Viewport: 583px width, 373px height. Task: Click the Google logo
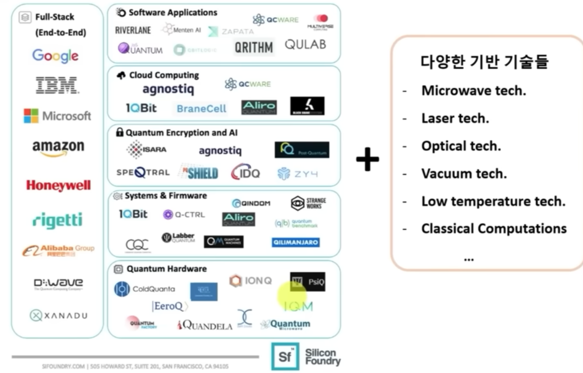[55, 55]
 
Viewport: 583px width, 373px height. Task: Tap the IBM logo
[56, 85]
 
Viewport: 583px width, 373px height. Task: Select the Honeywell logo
[58, 186]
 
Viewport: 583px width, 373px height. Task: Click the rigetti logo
[57, 220]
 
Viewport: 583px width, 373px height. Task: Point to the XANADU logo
[58, 315]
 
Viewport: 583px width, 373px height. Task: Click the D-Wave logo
[58, 283]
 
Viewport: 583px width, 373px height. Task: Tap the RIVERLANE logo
[133, 30]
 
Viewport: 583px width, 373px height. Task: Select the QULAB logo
[305, 45]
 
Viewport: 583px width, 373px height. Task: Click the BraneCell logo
[201, 108]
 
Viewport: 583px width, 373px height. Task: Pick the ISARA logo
[147, 150]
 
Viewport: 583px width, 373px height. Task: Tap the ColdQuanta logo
[144, 289]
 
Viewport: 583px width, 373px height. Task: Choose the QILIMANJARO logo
[296, 243]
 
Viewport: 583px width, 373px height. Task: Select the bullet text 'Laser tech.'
[455, 119]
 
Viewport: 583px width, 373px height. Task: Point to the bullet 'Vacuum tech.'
[464, 174]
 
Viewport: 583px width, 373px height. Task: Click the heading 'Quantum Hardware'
[166, 269]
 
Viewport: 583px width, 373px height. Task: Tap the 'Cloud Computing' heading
[163, 75]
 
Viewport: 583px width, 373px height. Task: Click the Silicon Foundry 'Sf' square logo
[285, 356]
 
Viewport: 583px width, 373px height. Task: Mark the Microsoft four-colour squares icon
[31, 116]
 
